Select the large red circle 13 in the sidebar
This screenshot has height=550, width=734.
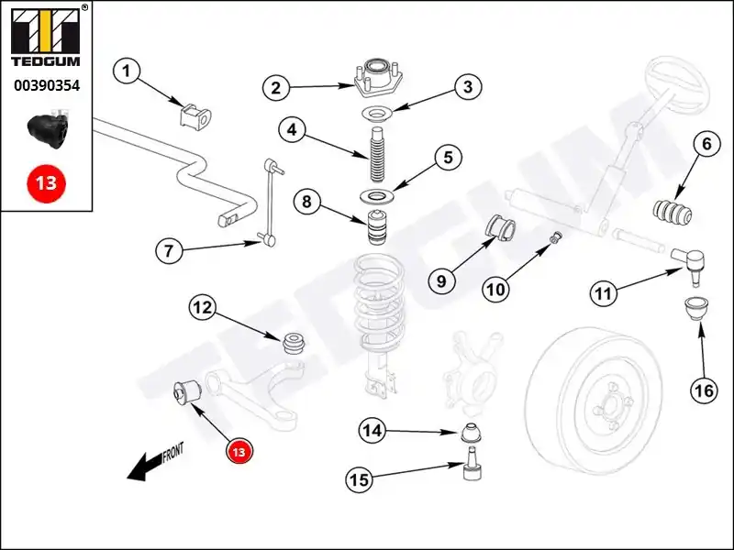pyautogui.click(x=46, y=182)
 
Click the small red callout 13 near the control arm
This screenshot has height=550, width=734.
pyautogui.click(x=239, y=451)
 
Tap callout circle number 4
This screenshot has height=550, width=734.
pyautogui.click(x=292, y=130)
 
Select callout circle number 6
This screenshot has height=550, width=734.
pyautogui.click(x=706, y=144)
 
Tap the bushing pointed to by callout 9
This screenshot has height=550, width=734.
pyautogui.click(x=500, y=227)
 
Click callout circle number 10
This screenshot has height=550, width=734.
pyautogui.click(x=495, y=290)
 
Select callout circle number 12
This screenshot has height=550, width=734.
pyautogui.click(x=203, y=308)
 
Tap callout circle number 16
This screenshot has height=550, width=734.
pyautogui.click(x=703, y=390)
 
